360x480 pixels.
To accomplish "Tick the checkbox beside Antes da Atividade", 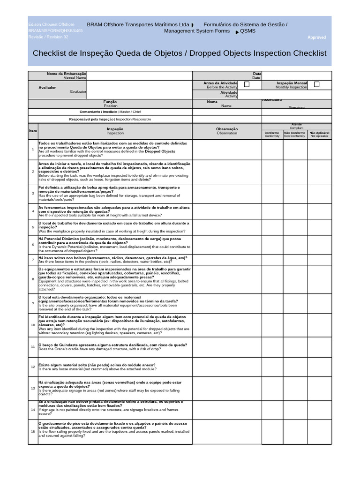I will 247,84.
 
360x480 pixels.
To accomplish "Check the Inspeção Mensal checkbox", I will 316,84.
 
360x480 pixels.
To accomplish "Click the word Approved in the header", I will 316,37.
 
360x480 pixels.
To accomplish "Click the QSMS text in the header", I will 248,31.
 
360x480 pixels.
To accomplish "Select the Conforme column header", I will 272,134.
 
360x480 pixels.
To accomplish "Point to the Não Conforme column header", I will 294,134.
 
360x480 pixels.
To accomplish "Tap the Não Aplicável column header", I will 319,134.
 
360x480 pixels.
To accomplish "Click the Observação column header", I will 227,131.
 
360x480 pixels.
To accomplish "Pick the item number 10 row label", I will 33,325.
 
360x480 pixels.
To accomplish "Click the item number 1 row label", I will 33,149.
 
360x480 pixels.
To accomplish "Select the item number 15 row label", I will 33,431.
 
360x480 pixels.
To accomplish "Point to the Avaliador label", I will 47,87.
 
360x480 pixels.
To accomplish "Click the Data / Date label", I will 256,75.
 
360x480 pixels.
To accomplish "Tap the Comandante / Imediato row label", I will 110,112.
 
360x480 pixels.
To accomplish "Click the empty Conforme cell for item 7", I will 272,259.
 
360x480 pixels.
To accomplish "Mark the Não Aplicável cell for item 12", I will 319,367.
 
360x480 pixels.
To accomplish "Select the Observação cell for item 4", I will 227,211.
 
